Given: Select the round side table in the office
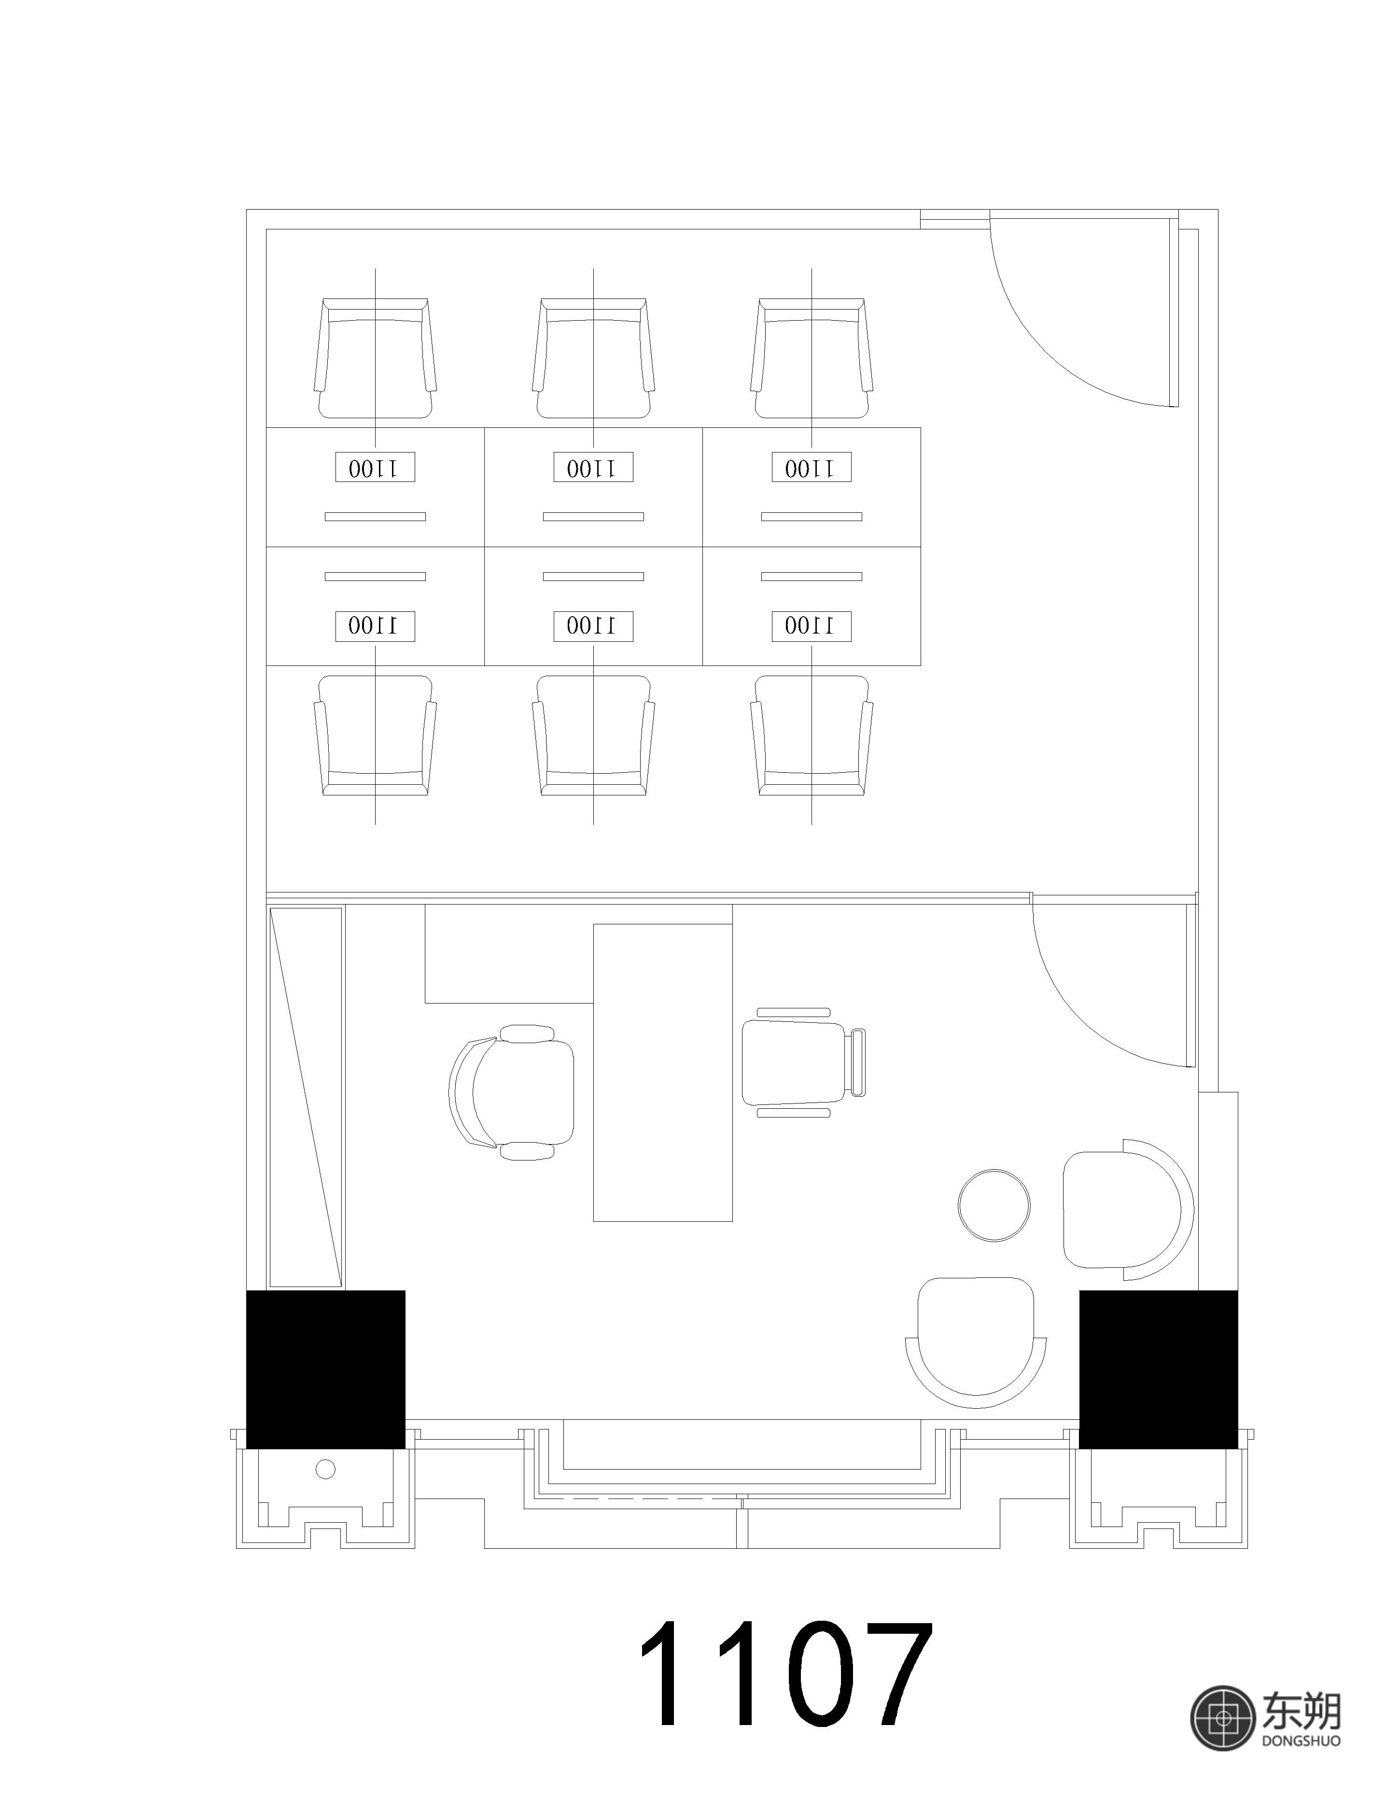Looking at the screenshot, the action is click(x=994, y=1205).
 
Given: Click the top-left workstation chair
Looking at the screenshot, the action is click(x=376, y=358).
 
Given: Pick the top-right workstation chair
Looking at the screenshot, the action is click(x=812, y=358).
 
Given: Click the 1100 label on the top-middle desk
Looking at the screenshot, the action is click(x=593, y=467).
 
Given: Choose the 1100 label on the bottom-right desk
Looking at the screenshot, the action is click(x=812, y=626).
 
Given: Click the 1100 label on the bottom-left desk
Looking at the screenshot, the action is click(x=376, y=626).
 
